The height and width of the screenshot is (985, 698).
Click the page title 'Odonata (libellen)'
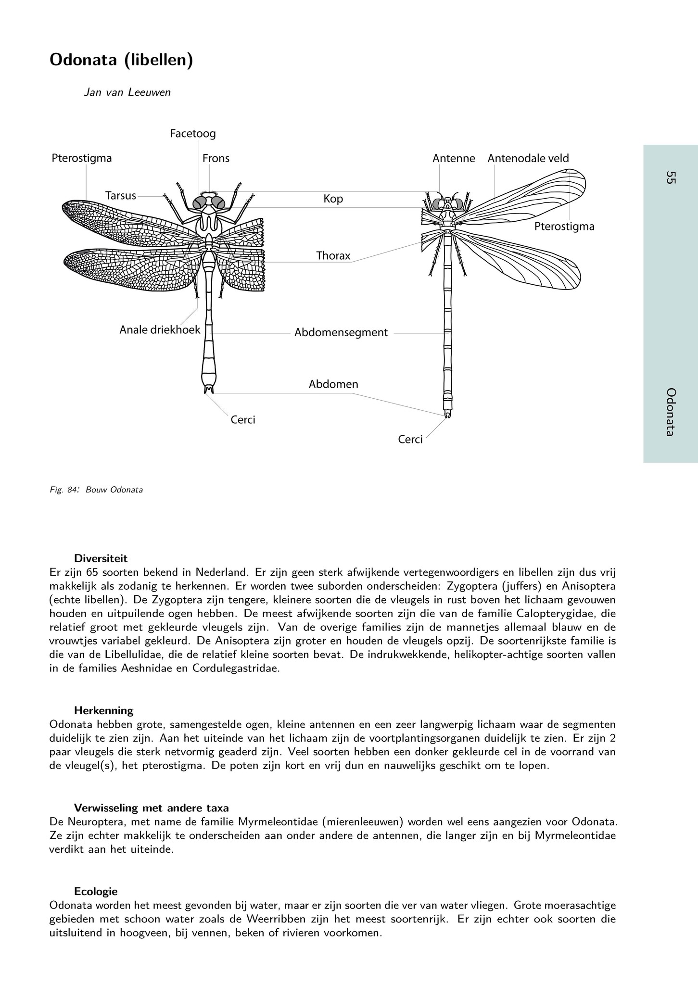[121, 61]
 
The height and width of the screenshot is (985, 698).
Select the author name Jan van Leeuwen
[127, 92]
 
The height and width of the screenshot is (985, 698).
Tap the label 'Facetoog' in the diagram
[193, 134]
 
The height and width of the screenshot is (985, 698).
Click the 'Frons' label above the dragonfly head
[216, 158]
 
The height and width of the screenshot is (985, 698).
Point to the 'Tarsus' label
[121, 196]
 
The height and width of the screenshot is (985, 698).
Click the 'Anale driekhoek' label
[160, 330]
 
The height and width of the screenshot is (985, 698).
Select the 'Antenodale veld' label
[528, 158]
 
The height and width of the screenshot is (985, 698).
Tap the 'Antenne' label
[454, 158]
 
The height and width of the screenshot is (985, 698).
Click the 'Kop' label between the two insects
[333, 199]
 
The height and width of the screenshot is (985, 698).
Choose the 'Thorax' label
[333, 256]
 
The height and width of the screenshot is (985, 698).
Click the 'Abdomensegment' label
[341, 332]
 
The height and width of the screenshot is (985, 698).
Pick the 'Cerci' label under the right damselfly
[410, 440]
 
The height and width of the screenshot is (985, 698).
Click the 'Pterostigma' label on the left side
[82, 158]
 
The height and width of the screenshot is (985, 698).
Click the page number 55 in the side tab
[671, 177]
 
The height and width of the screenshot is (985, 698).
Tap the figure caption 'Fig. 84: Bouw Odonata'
[96, 490]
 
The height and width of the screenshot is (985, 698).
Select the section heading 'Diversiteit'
[101, 558]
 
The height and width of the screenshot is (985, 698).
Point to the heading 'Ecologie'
[96, 891]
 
